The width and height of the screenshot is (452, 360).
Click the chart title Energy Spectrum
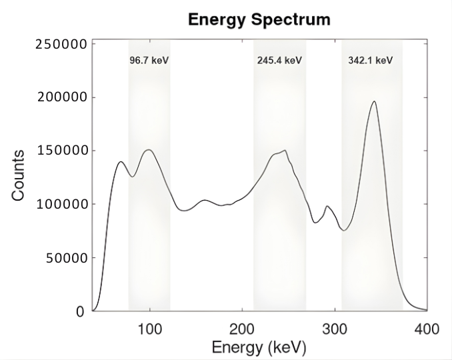tap(259, 19)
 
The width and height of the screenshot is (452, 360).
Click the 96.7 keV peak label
tap(149, 61)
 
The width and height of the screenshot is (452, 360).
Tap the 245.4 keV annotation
tap(279, 61)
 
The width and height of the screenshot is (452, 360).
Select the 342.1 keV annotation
tap(370, 61)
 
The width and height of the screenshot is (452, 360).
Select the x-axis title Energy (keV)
tap(259, 347)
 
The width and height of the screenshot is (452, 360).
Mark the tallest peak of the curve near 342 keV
tap(374, 102)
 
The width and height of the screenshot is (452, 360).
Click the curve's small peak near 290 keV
tap(327, 207)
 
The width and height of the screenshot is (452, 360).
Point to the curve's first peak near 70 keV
tap(121, 162)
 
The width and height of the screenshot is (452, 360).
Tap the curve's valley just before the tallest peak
tap(343, 231)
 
